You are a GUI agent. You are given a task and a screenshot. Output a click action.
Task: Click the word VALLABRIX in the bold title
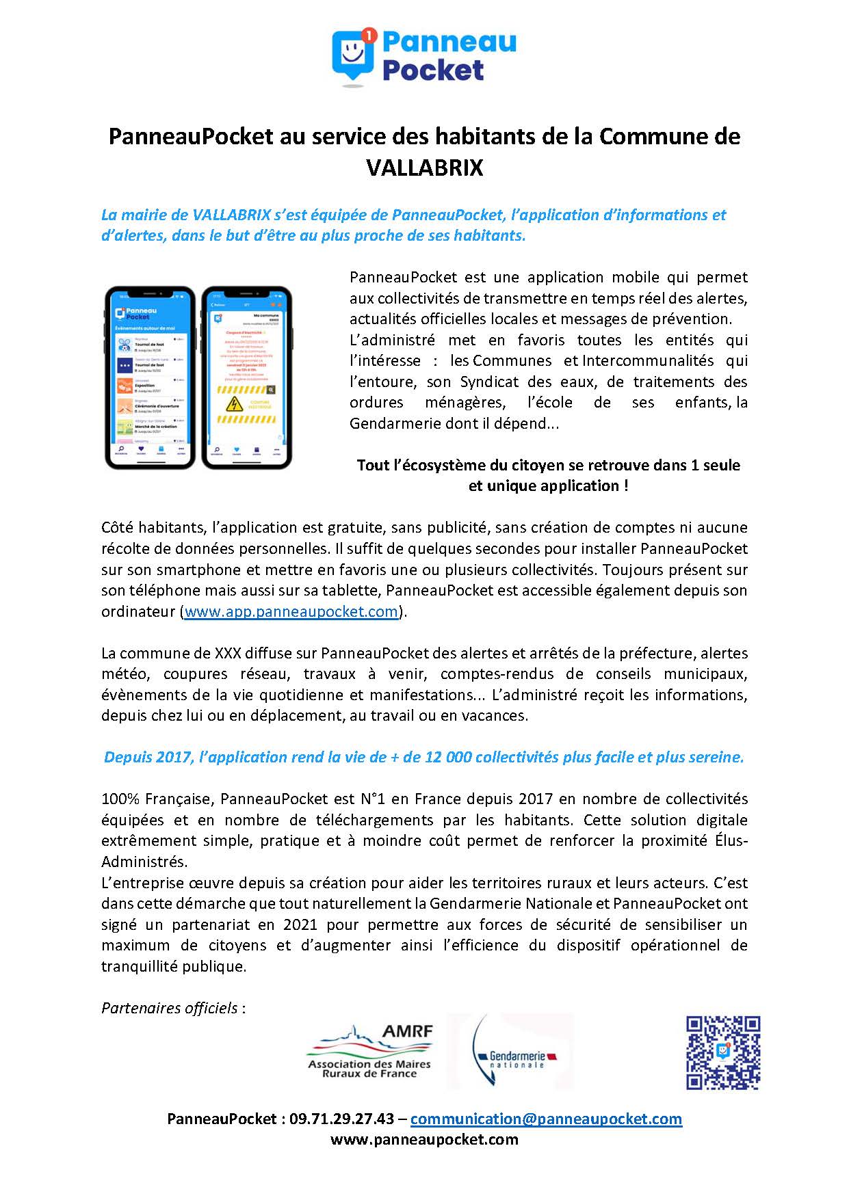coord(424,168)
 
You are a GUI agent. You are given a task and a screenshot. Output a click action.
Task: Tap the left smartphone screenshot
coord(150,378)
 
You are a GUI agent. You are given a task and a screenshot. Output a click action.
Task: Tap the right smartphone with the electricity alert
coord(248,378)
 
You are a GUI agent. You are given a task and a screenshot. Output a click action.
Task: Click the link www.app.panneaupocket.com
coord(291,611)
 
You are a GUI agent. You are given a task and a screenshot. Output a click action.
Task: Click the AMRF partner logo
coord(370,1051)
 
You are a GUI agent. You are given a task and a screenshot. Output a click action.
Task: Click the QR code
coord(722,1052)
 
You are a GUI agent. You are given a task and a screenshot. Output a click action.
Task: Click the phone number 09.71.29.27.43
coord(341,1119)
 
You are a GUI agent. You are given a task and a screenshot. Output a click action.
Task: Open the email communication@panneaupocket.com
coord(546,1119)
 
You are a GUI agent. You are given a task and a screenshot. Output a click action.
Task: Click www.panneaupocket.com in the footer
coord(424,1139)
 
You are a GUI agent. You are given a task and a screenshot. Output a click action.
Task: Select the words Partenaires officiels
coord(170,1008)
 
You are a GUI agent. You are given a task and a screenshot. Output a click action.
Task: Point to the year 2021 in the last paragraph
coord(297,924)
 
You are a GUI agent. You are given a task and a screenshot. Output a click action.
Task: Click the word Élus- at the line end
coord(727,840)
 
